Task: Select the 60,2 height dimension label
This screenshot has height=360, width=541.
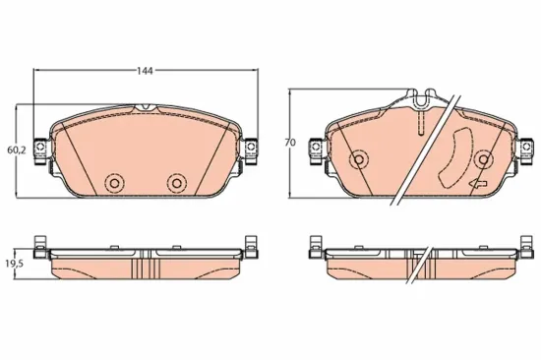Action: pyautogui.click(x=15, y=150)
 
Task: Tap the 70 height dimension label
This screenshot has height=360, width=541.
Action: pyautogui.click(x=289, y=144)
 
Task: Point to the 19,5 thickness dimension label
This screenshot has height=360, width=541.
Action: pyautogui.click(x=15, y=265)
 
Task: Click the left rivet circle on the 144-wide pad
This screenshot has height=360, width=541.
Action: pyautogui.click(x=113, y=183)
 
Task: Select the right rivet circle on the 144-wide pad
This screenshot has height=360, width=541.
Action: pyautogui.click(x=176, y=182)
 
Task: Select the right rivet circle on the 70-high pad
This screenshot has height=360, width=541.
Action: pyautogui.click(x=484, y=158)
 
